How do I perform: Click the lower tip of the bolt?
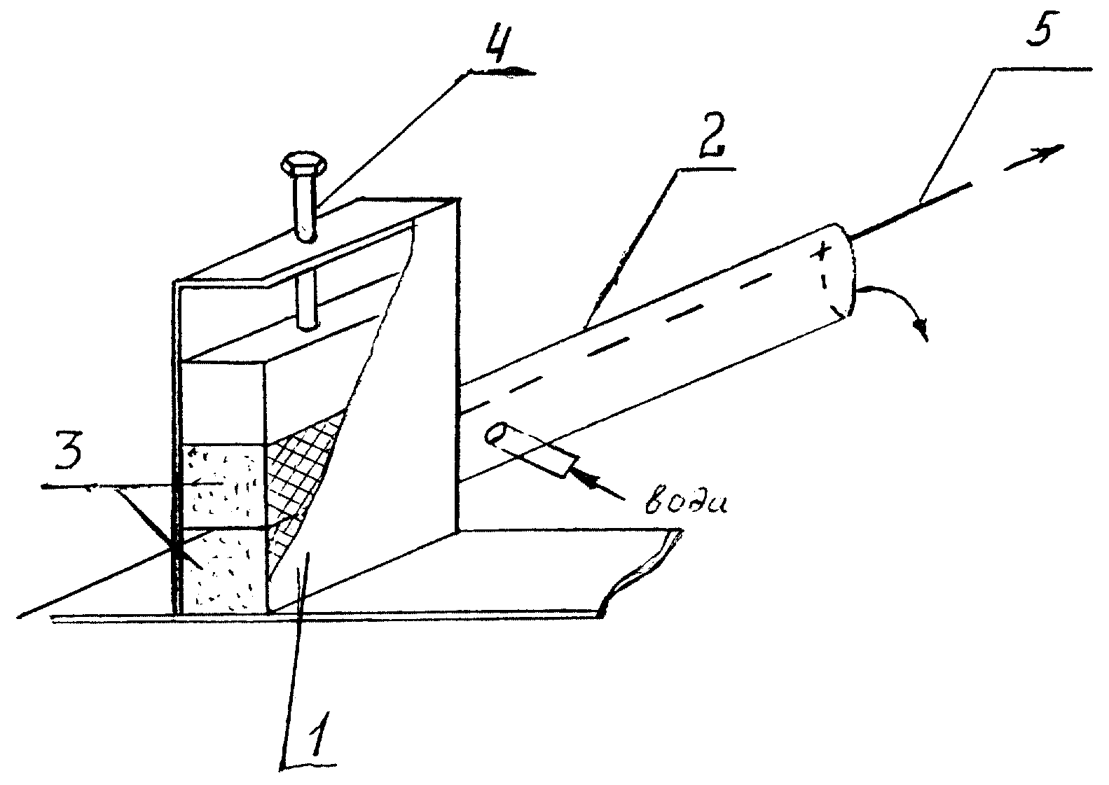pos(307,324)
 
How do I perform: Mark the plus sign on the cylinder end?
pos(820,253)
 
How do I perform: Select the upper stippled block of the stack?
pos(223,485)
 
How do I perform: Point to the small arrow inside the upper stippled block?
pos(208,482)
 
